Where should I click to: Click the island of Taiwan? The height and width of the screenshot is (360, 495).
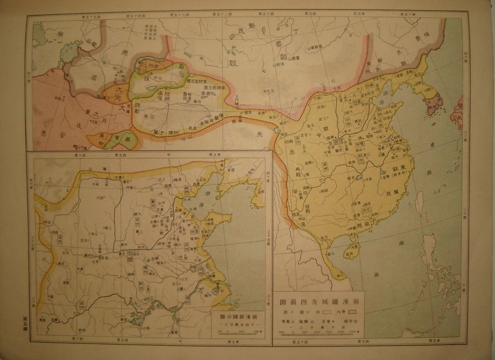click(x=420, y=207)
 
